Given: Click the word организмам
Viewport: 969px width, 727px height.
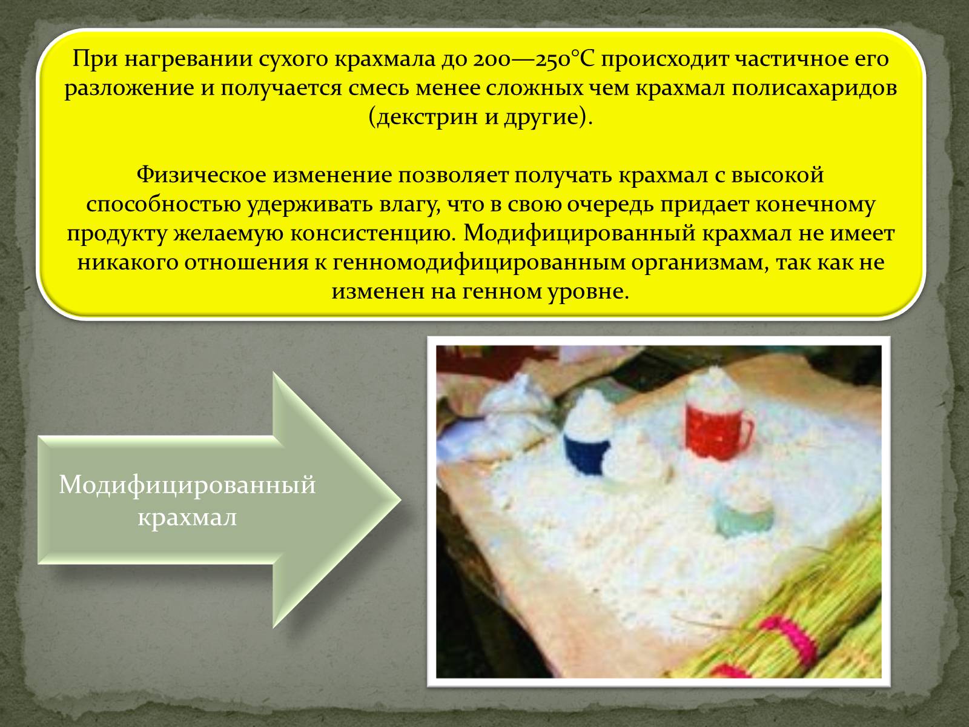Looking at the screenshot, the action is [698, 263].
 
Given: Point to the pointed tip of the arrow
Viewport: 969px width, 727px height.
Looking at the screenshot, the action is [400, 500].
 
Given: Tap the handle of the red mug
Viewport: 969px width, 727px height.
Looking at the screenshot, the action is [745, 430].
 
